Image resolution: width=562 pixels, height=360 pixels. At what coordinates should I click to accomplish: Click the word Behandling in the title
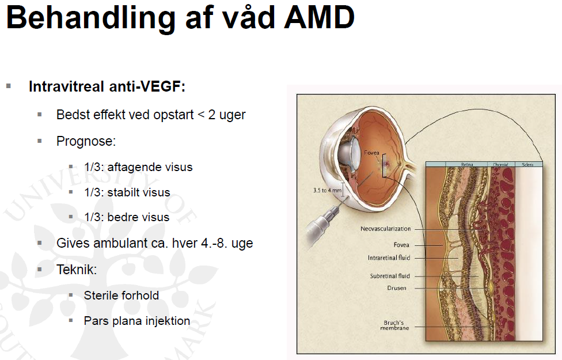tap(89, 18)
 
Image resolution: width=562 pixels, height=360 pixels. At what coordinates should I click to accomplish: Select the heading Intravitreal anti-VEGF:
tap(107, 87)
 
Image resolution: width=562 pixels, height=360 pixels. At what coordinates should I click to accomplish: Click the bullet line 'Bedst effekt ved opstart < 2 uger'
tap(151, 115)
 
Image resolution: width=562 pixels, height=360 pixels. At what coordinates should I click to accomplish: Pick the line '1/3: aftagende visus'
tap(138, 167)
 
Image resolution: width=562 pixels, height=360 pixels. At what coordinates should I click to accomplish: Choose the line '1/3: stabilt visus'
tap(127, 192)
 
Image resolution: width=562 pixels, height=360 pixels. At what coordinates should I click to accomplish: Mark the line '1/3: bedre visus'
tap(127, 218)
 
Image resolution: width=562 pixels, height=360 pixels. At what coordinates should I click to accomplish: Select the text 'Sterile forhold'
tap(121, 295)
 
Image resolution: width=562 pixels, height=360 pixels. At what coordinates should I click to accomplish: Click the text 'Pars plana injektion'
tap(137, 321)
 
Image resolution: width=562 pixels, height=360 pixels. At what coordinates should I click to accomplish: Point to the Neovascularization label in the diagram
tap(386, 229)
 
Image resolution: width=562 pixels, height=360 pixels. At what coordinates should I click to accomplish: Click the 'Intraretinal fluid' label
tap(389, 257)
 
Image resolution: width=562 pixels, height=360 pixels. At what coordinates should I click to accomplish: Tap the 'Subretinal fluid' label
tap(390, 276)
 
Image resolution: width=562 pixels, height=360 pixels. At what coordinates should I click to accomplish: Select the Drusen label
tap(397, 288)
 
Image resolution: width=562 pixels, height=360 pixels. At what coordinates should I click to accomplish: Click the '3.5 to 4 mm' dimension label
tap(326, 190)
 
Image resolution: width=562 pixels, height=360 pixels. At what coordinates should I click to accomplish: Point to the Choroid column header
tap(500, 165)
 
